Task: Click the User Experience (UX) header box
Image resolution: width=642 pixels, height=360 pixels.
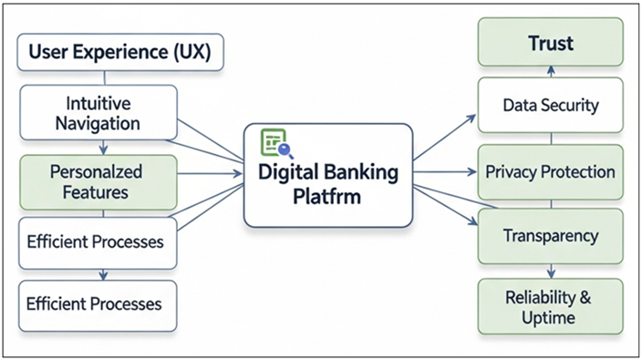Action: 119,53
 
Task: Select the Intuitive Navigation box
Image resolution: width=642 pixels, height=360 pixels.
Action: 98,113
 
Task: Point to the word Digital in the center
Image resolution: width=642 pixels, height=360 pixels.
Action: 291,171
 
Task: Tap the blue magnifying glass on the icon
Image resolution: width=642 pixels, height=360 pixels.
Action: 285,151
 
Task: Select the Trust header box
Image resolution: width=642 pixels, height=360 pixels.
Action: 551,44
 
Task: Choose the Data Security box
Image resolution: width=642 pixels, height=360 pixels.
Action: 551,105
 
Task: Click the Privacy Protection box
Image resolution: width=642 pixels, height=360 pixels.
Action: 551,171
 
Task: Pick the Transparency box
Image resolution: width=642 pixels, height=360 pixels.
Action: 551,235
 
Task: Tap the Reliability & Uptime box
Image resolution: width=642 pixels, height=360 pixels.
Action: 551,306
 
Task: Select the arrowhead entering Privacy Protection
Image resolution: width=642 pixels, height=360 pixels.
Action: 473,171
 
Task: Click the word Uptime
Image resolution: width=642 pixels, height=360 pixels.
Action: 551,317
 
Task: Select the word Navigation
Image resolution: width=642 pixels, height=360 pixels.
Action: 98,123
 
